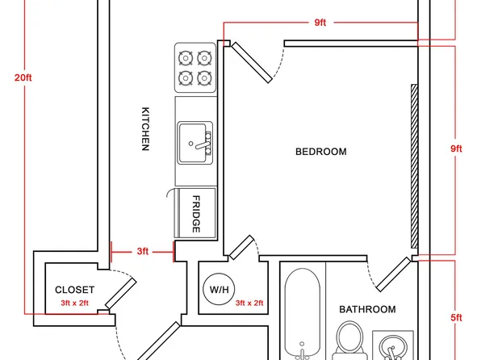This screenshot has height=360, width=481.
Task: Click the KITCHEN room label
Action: click(145, 129)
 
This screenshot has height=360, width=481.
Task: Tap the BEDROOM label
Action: click(321, 152)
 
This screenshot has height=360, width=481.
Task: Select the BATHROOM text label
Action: click(367, 309)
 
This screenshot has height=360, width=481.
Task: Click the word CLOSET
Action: click(74, 290)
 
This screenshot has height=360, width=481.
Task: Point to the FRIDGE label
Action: click(196, 214)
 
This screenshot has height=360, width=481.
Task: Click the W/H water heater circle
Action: click(219, 289)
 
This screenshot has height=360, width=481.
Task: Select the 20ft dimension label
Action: click(23, 77)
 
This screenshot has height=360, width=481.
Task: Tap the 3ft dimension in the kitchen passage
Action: click(143, 251)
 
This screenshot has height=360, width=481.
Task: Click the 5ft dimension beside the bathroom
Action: click(456, 318)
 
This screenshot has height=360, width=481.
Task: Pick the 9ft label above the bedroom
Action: click(320, 23)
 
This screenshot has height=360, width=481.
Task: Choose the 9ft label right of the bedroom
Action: click(456, 149)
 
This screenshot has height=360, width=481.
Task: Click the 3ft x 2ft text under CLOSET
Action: click(74, 303)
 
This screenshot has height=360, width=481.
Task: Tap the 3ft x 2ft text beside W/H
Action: click(249, 303)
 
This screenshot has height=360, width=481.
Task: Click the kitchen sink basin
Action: click(192, 143)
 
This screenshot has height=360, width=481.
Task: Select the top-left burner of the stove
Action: click(186, 58)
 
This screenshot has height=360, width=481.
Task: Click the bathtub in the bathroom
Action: click(302, 314)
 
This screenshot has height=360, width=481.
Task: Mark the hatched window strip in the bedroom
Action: click(415, 166)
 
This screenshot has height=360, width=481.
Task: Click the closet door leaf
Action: click(121, 294)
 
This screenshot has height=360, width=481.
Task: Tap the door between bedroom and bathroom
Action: click(393, 274)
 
